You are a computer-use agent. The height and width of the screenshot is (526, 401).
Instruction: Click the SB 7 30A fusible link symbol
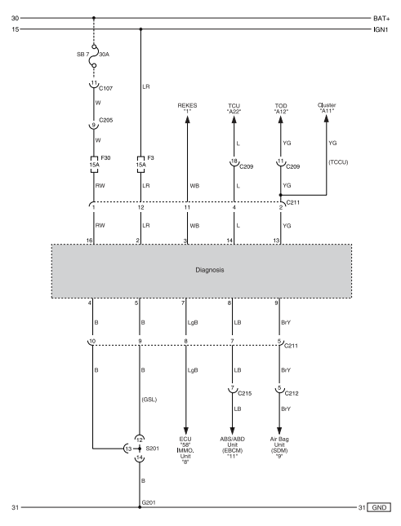[95, 56]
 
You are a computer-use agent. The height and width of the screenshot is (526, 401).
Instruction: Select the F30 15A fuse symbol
[94, 165]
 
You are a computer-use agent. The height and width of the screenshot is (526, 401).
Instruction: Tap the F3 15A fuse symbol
[140, 165]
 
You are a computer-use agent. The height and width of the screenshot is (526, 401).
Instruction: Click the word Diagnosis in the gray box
[210, 270]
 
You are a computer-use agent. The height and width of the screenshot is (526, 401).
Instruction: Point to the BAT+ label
[381, 19]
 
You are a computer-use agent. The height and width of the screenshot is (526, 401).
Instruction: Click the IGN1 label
[381, 29]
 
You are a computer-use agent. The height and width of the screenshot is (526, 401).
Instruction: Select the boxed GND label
[379, 507]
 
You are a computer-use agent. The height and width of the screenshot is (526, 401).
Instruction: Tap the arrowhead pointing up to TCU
[234, 119]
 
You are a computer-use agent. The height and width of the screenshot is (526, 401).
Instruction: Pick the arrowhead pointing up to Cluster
[326, 118]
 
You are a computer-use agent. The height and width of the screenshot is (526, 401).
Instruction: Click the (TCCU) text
[338, 162]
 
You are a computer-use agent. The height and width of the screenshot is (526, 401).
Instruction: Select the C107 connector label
[106, 88]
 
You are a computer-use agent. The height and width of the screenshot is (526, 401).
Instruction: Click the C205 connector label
[106, 120]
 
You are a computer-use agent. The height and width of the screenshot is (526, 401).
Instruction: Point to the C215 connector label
[244, 394]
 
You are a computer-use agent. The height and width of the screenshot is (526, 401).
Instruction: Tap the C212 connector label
[292, 394]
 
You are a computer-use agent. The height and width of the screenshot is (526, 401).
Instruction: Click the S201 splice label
[153, 449]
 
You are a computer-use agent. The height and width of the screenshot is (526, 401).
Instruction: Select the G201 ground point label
[149, 502]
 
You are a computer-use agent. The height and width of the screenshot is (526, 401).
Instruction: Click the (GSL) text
[149, 400]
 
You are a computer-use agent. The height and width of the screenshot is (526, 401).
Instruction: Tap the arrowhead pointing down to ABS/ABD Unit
[232, 431]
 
